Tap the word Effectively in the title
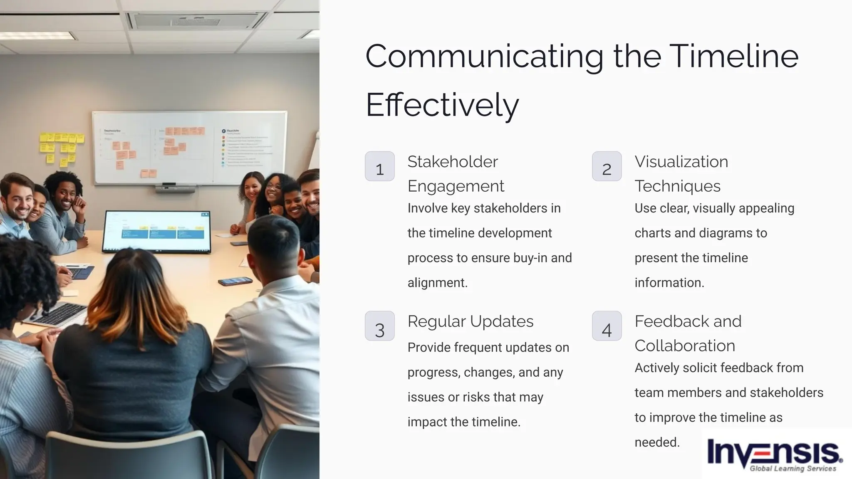(x=442, y=105)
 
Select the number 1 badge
(x=379, y=166)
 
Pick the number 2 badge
(x=607, y=166)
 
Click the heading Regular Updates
(x=470, y=321)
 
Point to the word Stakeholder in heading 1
(x=452, y=162)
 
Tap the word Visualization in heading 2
(x=681, y=162)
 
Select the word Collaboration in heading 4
(x=684, y=346)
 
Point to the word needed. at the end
(x=657, y=442)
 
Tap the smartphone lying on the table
(x=235, y=281)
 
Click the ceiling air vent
(x=196, y=20)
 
